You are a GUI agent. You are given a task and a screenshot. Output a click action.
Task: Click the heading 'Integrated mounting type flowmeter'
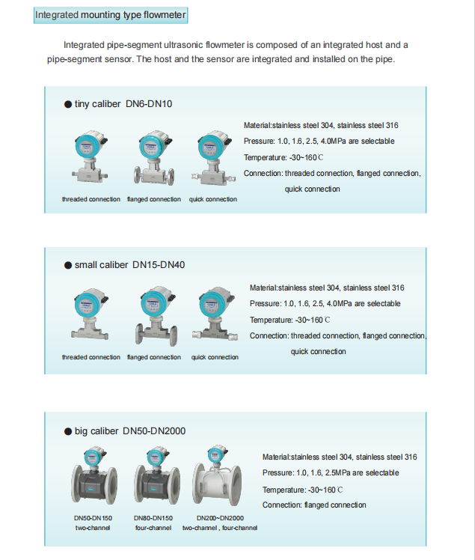click(x=111, y=15)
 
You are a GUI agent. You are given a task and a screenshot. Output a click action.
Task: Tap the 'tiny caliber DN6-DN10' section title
click(x=123, y=103)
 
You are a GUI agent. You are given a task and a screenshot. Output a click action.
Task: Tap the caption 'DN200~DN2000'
click(x=220, y=518)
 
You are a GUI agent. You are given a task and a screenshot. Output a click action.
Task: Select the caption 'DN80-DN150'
click(x=153, y=518)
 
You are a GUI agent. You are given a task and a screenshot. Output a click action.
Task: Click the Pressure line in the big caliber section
click(x=331, y=473)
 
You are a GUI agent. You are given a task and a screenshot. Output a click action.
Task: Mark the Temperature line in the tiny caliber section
click(x=284, y=157)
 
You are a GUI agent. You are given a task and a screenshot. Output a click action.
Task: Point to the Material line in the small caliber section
click(x=327, y=287)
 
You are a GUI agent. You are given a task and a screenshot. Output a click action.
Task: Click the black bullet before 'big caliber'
click(x=68, y=431)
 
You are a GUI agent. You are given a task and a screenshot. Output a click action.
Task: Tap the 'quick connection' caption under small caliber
click(x=215, y=357)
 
